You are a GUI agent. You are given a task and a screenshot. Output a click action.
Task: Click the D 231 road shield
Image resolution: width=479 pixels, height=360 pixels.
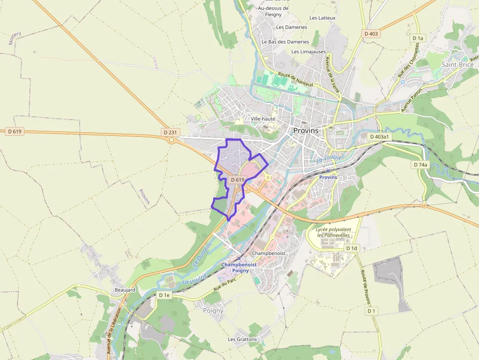(x=170, y=132)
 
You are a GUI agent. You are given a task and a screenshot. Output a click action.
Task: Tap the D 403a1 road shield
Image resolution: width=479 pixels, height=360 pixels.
(x=379, y=137)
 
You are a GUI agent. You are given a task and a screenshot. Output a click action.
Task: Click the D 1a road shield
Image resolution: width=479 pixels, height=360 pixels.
(x=417, y=38)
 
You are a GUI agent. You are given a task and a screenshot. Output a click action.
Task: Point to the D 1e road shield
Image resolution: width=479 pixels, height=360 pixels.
(x=164, y=295)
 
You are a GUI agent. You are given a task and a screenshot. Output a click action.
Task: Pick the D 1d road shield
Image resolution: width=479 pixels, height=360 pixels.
(x=351, y=248)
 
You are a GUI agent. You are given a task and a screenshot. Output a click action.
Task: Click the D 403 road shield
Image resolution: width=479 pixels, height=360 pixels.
(x=371, y=34)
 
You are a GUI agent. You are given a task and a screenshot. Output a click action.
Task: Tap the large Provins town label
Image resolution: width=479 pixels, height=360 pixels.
(x=306, y=130)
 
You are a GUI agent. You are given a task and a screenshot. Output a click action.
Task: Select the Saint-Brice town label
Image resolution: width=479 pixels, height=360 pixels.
(x=457, y=64)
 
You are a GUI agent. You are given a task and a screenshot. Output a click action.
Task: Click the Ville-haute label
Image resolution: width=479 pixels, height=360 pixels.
(x=263, y=119)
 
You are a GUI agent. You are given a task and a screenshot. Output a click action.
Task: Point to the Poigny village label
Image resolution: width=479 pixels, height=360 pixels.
(x=213, y=310)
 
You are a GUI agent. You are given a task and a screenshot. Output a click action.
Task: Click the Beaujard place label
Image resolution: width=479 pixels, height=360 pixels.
(x=125, y=290)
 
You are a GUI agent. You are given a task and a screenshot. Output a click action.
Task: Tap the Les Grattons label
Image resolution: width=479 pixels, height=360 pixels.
(x=242, y=339)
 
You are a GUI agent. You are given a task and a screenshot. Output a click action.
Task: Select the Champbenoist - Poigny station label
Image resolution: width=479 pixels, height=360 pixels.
(x=239, y=267)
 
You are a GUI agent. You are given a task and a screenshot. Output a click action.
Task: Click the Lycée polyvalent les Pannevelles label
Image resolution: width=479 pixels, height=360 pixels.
(x=333, y=232)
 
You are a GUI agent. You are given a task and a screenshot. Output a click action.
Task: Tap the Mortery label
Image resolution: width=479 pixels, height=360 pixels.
(x=15, y=38)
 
